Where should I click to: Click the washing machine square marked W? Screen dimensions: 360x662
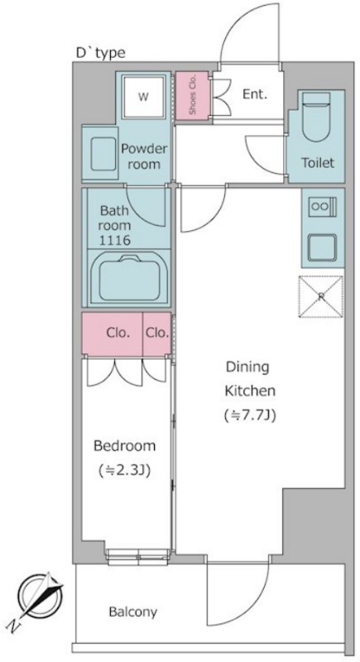pos(143,97)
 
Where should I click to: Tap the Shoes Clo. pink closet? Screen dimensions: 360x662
pos(192,95)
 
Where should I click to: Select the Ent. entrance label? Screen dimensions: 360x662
pos(255,94)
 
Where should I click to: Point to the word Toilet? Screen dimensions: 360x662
pos(318,162)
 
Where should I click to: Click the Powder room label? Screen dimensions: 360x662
pos(144,156)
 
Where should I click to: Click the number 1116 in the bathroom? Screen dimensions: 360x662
pos(114,240)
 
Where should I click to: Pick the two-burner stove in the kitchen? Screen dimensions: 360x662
pos(323,206)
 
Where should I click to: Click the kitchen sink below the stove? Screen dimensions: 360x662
pos(323,247)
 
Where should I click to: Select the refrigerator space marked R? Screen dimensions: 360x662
pos(321,296)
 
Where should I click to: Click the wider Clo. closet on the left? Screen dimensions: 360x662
pos(113,333)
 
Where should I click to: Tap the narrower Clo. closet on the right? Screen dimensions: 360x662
pos(157,333)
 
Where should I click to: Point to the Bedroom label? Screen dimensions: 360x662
pos(124,446)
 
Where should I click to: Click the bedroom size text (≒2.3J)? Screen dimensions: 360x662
pos(124,470)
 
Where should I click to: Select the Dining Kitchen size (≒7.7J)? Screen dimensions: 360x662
pos(249,416)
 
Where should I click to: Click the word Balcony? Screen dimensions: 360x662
pos(133,612)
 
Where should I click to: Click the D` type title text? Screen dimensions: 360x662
pos(100,53)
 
